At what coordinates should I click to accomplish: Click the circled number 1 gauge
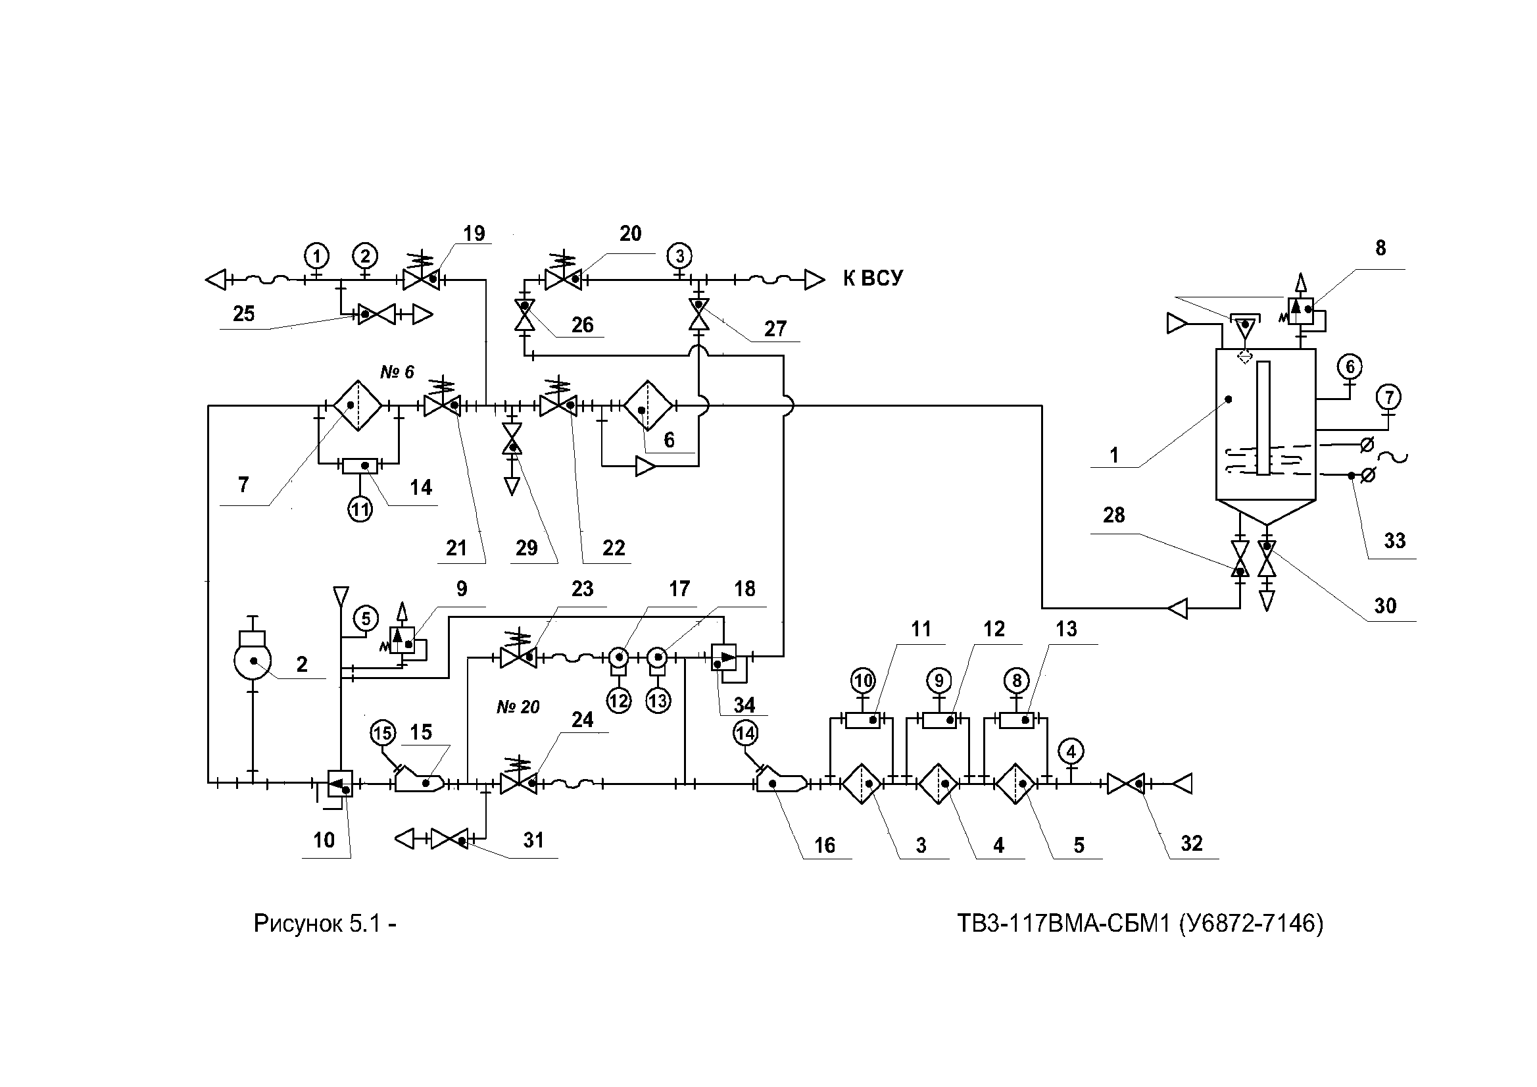point(316,256)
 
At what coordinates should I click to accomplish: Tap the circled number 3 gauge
point(679,256)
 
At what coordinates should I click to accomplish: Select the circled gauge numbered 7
point(1389,397)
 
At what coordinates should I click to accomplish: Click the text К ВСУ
point(872,278)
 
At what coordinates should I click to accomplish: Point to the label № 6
point(397,372)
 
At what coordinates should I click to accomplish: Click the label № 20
point(518,707)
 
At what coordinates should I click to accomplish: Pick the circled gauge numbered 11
point(360,511)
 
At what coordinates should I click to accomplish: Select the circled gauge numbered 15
point(383,734)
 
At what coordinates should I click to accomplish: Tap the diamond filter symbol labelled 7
point(358,406)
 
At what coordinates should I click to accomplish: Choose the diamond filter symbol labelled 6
point(647,406)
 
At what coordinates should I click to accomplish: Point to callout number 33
point(1394,540)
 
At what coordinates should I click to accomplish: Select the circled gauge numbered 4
point(1071,751)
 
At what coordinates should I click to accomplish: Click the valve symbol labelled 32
point(1125,783)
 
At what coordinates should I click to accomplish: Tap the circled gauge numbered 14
point(745,734)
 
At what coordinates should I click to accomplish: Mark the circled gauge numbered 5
point(366,618)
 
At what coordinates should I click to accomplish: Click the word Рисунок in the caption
point(297,924)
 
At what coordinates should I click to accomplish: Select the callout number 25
point(243,313)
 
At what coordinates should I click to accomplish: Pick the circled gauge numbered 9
point(939,681)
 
